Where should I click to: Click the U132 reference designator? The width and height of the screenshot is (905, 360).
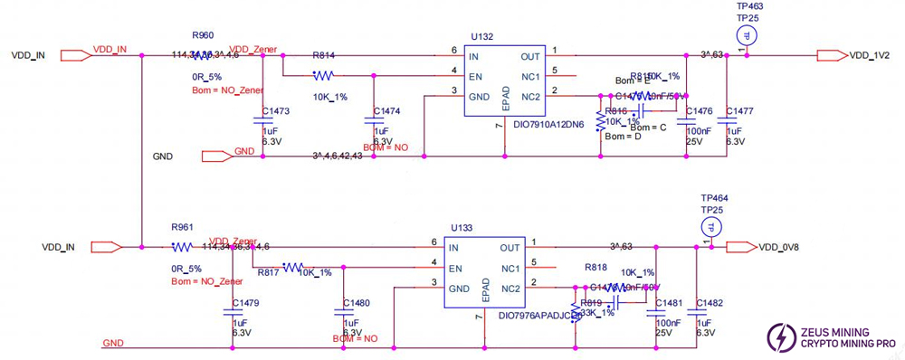click(481, 36)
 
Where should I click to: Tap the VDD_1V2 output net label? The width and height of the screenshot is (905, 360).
click(869, 55)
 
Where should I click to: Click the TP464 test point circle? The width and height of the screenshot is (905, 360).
click(713, 226)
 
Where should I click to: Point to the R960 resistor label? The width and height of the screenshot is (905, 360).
click(203, 35)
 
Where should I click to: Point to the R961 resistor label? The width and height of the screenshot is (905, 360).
click(182, 227)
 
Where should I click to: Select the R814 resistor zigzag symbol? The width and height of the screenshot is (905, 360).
click(324, 76)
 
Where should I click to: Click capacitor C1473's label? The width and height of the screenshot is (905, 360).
click(275, 111)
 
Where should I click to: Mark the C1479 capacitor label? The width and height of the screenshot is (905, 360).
click(245, 303)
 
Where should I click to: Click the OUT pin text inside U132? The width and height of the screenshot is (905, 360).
click(531, 56)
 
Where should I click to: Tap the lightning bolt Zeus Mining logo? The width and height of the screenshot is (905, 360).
click(777, 338)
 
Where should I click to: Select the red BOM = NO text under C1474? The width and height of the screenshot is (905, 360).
click(386, 147)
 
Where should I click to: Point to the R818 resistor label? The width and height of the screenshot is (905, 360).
click(595, 268)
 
